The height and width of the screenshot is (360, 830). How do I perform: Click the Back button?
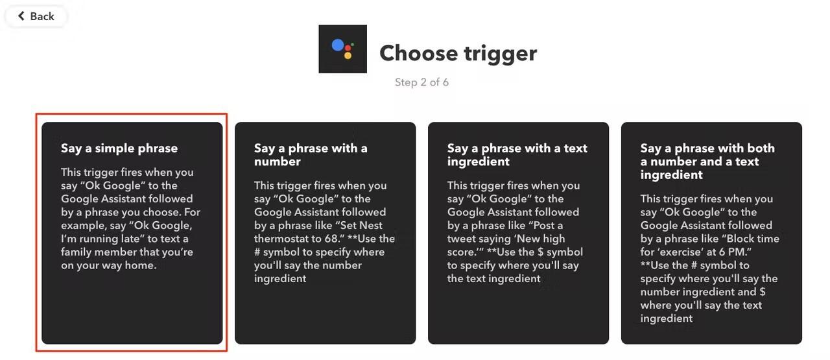coord(36,16)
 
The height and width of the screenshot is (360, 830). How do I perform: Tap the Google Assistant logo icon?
coord(343,49)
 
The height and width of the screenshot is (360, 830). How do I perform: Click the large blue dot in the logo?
coord(338,45)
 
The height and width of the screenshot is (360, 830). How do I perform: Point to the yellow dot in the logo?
coord(348,56)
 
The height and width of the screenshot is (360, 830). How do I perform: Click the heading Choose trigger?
coord(458,54)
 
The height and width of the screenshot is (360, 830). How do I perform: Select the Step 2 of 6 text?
coord(421,82)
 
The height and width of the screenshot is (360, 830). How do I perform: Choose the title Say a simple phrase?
coord(119,149)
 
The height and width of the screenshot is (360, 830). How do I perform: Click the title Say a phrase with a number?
coord(311,154)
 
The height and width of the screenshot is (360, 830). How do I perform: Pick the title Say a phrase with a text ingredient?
coord(517,154)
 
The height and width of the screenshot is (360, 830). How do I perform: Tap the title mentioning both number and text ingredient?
coord(707,162)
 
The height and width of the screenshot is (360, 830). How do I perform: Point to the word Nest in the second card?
coord(370,225)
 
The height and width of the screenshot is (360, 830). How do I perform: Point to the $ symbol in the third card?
coord(541,252)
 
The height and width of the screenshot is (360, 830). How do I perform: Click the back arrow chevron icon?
coord(21,16)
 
